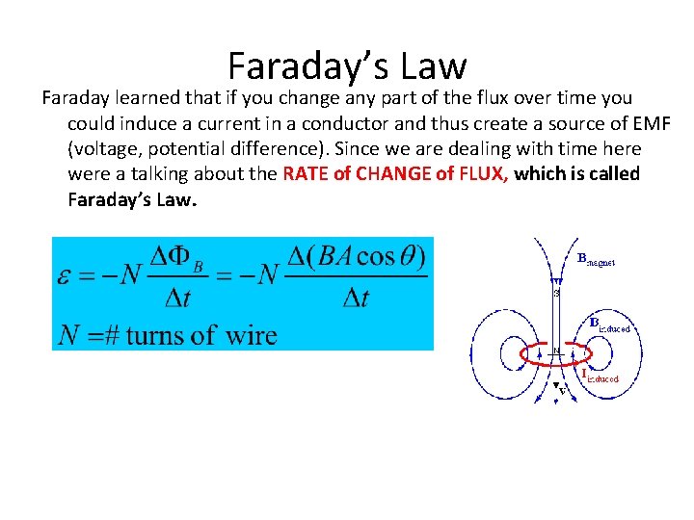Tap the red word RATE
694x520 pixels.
pos(307,174)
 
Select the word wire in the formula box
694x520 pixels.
pos(251,334)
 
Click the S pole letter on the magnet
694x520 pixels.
pos(555,293)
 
